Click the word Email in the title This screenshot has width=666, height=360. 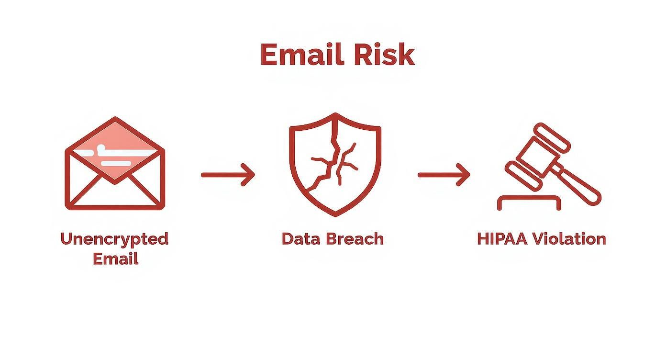point(302,55)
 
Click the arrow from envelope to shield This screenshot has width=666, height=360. point(228,175)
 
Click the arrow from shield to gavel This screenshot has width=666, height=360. point(444,175)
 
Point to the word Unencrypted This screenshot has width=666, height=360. point(114,238)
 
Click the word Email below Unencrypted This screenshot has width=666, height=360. point(115,259)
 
